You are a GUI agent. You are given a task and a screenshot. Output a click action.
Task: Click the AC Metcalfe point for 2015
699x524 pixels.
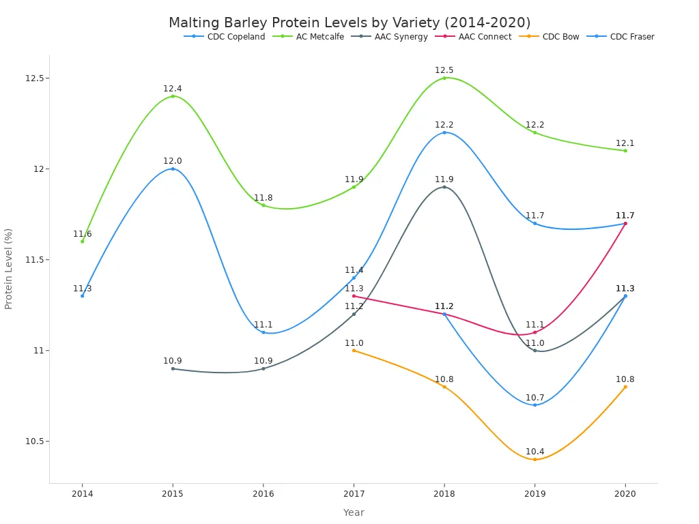coord(173,96)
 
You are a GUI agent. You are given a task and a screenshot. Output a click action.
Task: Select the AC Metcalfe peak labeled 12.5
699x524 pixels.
coord(444,78)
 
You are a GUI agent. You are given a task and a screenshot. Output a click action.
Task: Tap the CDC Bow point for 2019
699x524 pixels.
coord(535,459)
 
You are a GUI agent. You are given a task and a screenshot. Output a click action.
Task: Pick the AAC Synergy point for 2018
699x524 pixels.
coord(444,187)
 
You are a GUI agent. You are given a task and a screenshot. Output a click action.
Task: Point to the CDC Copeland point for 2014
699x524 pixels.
coord(83,295)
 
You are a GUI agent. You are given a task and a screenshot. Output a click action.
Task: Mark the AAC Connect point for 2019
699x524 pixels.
coord(535,332)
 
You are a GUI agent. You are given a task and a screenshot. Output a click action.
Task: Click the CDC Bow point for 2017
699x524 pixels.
coord(354,350)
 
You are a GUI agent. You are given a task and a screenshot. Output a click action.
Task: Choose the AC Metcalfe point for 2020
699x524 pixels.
coord(625,150)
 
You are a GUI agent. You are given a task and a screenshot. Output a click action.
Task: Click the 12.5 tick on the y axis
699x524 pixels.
coord(34,78)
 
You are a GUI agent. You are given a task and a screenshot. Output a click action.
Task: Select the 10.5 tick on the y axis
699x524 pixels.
coord(34,441)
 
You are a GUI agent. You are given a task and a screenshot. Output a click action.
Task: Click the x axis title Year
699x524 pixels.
coord(354,512)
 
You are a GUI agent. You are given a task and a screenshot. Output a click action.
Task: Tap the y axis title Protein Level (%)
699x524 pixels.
coord(9,269)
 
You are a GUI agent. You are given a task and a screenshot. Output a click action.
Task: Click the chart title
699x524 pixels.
coord(349,23)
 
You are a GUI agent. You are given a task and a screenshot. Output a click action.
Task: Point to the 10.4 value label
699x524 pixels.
coord(535,452)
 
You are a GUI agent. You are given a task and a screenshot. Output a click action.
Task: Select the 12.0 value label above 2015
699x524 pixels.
coord(173,161)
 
